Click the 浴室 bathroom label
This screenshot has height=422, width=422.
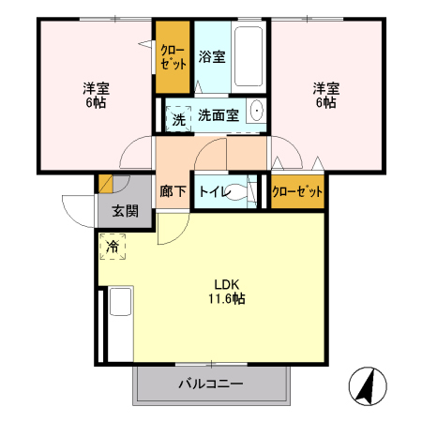tap(212, 56)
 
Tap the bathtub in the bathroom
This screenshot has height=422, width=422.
tap(249, 55)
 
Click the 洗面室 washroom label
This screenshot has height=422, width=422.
tap(218, 115)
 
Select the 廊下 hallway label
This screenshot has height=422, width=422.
tap(173, 191)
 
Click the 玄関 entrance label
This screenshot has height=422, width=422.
tap(125, 211)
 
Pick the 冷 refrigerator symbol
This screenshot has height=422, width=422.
tap(113, 247)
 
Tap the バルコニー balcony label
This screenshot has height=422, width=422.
tap(211, 384)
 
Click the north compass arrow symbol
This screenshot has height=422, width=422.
tap(368, 384)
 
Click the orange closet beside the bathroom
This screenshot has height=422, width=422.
tap(173, 56)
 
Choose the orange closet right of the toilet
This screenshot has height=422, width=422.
tap(296, 191)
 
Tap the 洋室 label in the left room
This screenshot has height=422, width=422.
tap(96, 88)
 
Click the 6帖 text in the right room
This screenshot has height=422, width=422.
tap(325, 103)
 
